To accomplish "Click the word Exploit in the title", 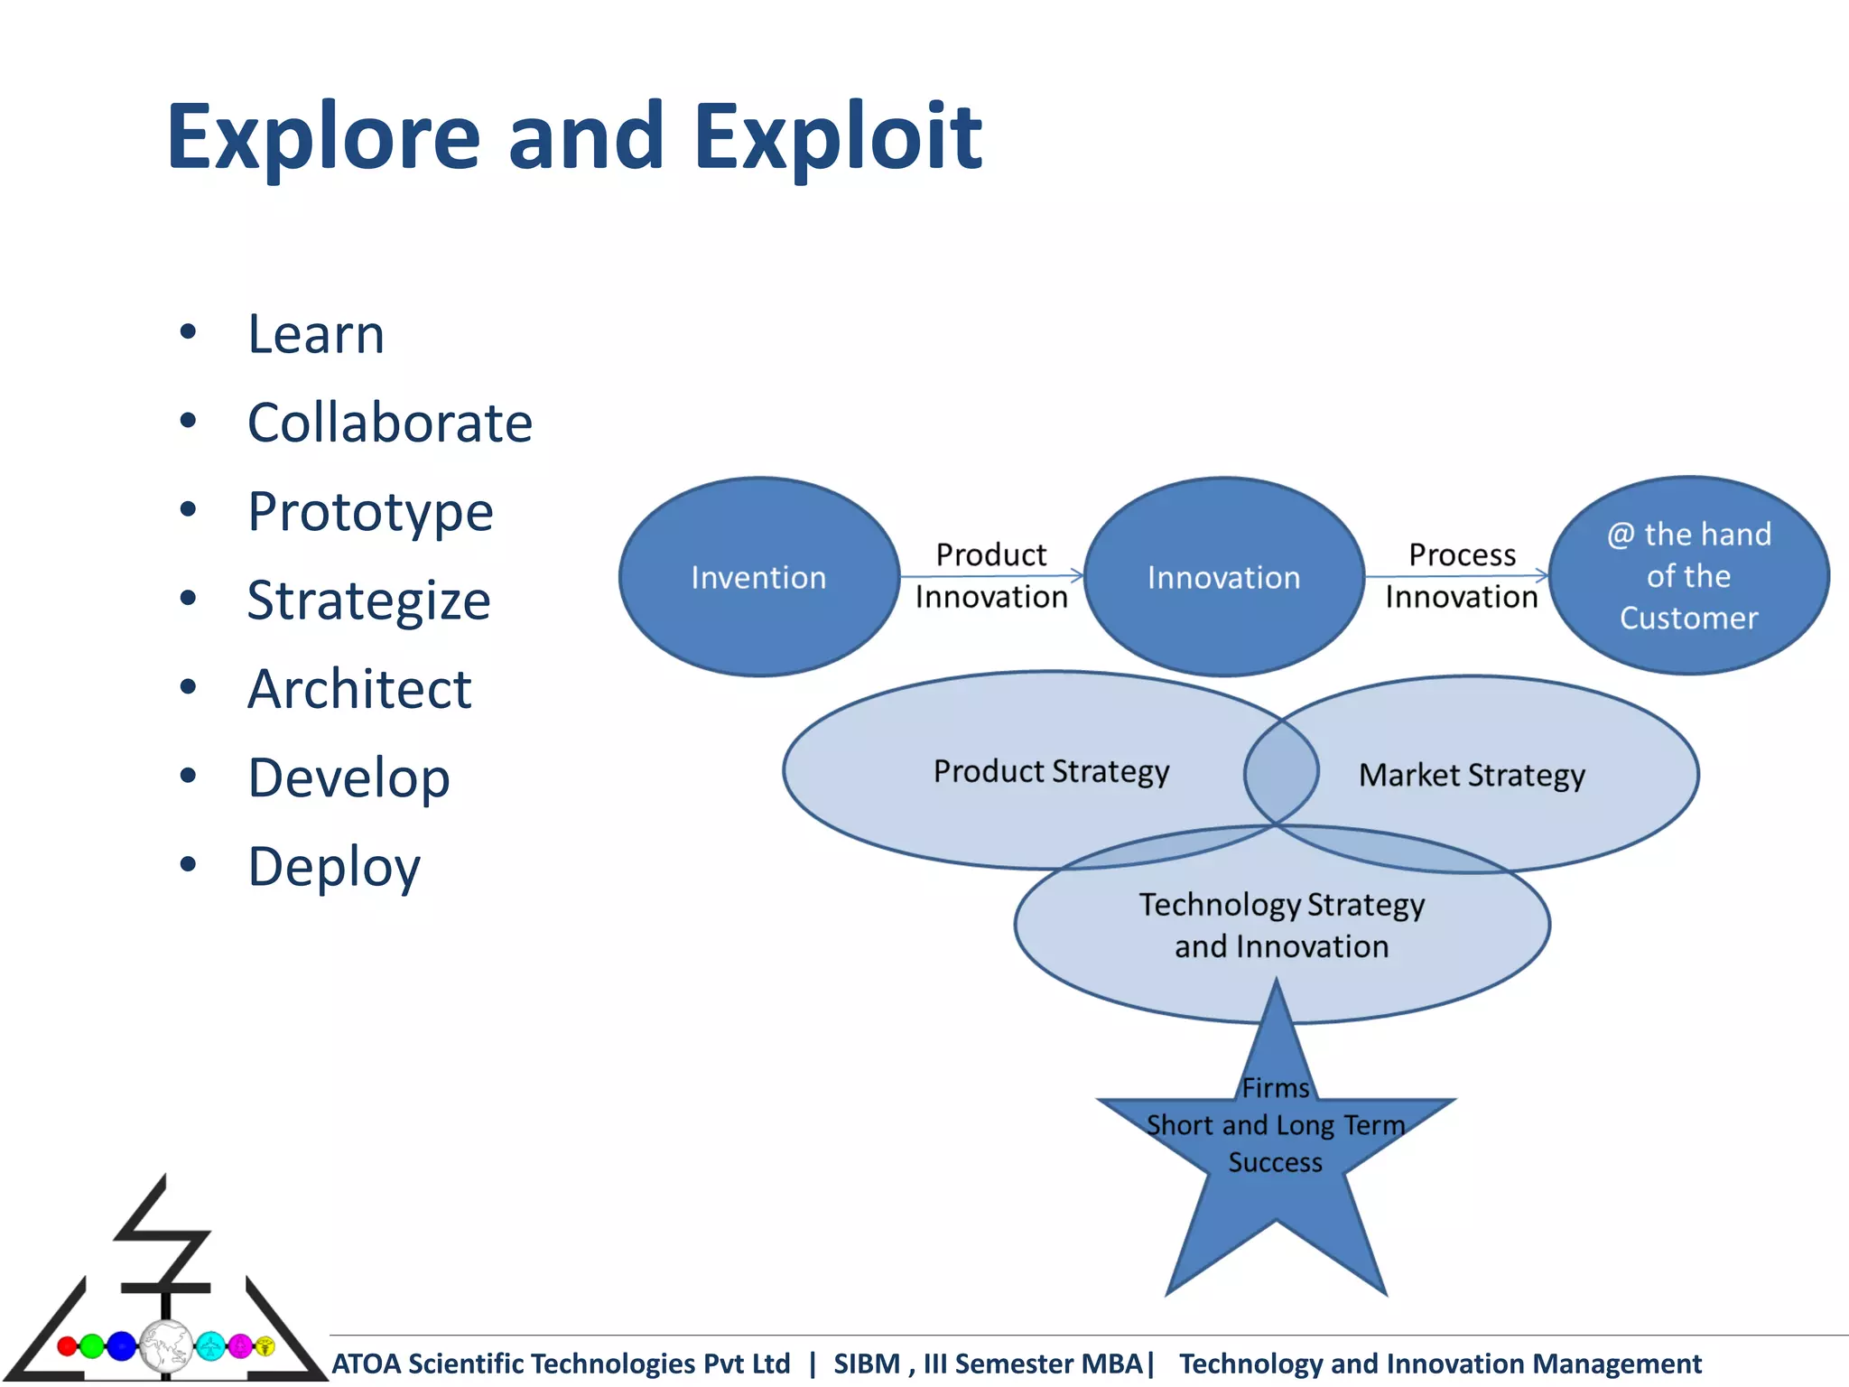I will coord(837,137).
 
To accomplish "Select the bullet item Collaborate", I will coord(390,423).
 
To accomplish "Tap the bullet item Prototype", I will coord(370,512).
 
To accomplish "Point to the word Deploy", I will coord(334,867).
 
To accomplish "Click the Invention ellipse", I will coord(758,578).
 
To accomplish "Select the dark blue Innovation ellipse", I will coord(1223,578).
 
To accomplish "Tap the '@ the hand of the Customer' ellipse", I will coord(1688,576).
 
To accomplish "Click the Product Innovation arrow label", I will coord(991,575).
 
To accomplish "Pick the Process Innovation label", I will coord(1462,575).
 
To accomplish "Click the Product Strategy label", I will coord(1051,772).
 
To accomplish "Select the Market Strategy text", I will coord(1472,776).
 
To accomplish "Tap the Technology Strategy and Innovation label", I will coord(1281,926).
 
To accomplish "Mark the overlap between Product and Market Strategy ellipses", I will coord(1281,772).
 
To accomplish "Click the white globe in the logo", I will coord(165,1346).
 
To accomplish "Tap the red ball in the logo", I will coord(67,1346).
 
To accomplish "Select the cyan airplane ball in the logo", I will coord(210,1346).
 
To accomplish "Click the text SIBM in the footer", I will coord(866,1364).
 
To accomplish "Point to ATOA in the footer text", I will coord(367,1364).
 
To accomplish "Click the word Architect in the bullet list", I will coord(359,690).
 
